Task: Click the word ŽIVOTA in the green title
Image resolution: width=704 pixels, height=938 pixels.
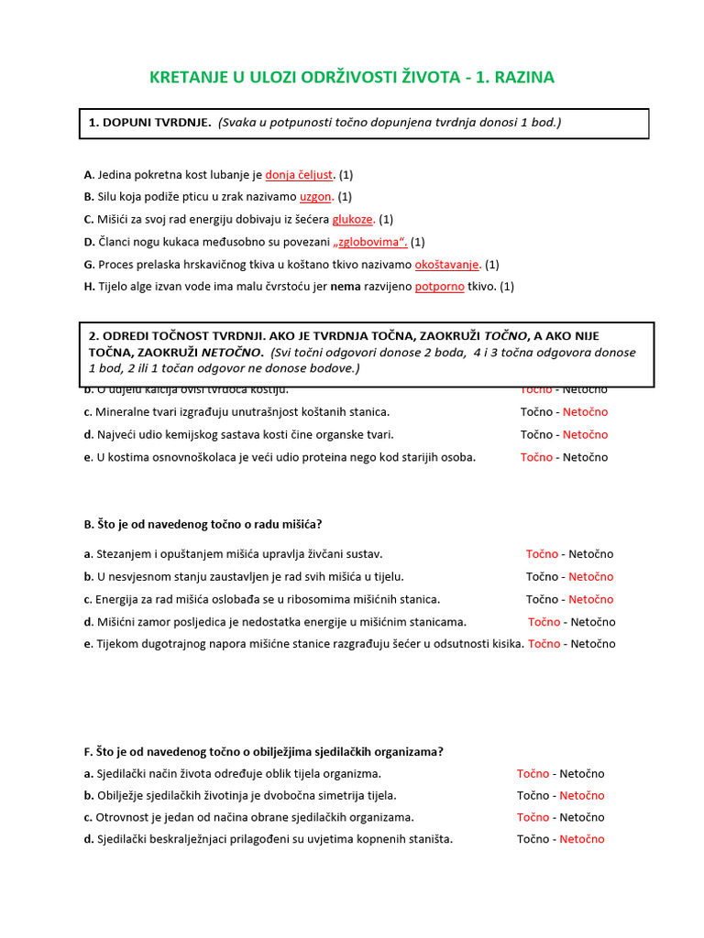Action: [x=423, y=77]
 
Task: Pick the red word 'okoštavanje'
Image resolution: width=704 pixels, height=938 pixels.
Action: [x=447, y=264]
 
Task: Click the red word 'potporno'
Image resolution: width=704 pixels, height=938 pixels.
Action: [x=440, y=287]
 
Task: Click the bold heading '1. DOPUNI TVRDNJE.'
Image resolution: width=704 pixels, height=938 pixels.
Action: [x=149, y=123]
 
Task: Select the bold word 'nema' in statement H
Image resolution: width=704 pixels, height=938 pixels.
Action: [x=345, y=287]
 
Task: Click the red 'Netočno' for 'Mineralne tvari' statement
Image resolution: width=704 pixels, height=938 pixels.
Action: [x=585, y=412]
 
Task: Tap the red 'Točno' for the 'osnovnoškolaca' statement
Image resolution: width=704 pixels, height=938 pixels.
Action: [x=536, y=457]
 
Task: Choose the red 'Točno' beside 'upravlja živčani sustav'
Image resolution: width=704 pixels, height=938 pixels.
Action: [x=542, y=554]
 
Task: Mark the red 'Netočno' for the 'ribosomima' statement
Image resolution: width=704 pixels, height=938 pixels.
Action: [x=590, y=599]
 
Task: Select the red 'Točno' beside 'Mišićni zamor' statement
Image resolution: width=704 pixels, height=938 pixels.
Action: [x=544, y=622]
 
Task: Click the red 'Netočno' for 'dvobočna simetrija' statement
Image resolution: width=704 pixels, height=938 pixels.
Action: [x=582, y=795]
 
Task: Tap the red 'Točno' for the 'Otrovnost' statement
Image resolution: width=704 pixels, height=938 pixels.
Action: [x=533, y=817]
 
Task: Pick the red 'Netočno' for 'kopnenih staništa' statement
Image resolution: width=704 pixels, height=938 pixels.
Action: [x=582, y=839]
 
